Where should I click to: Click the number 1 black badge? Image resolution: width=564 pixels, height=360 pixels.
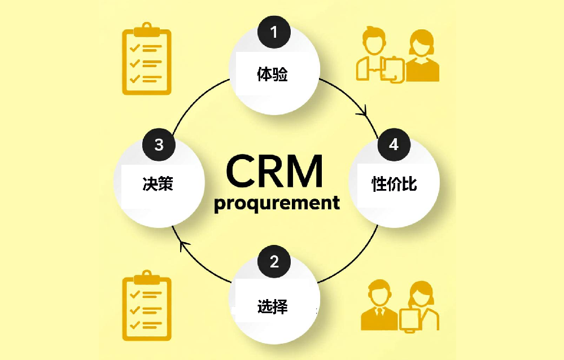274,33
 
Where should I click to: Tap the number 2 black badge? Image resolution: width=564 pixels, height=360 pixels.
274,262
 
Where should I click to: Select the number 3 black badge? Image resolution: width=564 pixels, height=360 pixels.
159,145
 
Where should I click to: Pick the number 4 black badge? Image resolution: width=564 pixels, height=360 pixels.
394,145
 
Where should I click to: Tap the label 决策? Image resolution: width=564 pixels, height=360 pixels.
157,184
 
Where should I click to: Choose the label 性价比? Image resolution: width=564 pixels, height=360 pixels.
394,184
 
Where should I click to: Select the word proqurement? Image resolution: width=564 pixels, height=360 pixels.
277,203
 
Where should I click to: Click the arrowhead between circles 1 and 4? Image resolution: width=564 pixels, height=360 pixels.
362,112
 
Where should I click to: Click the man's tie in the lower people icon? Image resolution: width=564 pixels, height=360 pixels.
378,311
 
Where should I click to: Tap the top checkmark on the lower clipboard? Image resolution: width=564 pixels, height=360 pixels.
135,295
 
